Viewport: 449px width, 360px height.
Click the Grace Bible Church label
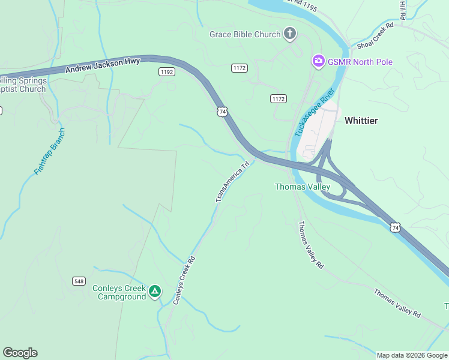(245, 34)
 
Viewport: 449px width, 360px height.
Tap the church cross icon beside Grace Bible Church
(290, 34)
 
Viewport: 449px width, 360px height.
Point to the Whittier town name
(361, 121)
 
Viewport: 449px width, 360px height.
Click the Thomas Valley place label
(303, 187)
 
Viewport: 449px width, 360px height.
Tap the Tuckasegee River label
(315, 113)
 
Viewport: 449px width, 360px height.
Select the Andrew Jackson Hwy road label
(103, 65)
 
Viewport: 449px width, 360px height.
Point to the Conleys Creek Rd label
(185, 280)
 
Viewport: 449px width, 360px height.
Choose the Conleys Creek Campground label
(119, 292)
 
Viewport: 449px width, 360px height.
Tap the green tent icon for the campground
(155, 292)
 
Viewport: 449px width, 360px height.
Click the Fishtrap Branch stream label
(49, 152)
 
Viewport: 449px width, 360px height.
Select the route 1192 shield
(167, 71)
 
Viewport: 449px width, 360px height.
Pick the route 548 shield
(79, 281)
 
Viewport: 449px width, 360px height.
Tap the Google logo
(20, 353)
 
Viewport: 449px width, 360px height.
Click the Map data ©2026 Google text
(411, 355)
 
